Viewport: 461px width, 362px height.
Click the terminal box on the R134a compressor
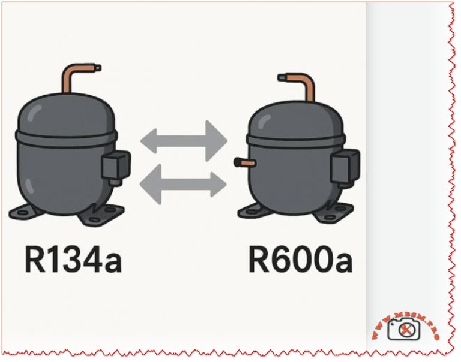click(x=115, y=165)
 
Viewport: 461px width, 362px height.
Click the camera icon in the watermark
click(x=405, y=328)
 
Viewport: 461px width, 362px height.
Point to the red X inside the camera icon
click(x=408, y=329)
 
